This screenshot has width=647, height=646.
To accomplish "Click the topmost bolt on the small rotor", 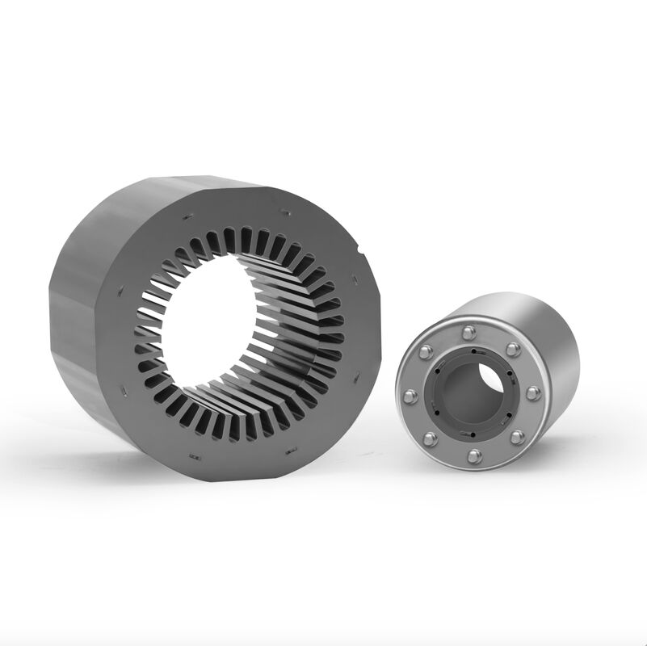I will point(468,332).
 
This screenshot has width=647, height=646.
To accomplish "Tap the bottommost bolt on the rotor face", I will point(474,456).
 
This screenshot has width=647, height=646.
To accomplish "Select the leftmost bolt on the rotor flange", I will point(410,396).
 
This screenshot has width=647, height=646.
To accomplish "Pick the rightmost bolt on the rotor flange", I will point(533,393).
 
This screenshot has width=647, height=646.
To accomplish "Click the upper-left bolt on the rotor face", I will point(426,351).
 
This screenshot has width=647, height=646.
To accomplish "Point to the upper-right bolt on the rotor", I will point(513,349).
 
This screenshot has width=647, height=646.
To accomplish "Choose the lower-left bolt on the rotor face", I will point(431,439).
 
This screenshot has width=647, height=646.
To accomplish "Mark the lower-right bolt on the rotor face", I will point(517,437).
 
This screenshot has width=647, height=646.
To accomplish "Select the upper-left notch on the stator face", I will point(187,217).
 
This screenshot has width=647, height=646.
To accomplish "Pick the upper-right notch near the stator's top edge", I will point(284,212).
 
